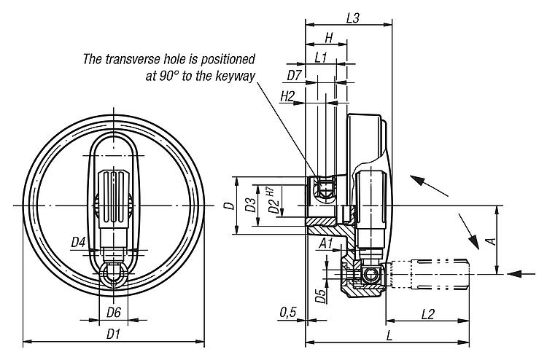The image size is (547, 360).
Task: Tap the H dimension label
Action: point(328,38)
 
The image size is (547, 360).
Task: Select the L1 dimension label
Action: point(319,56)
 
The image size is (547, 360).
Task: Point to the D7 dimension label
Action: point(294,74)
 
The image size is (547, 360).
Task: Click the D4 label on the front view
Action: point(79,241)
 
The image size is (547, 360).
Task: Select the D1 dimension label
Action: point(113,334)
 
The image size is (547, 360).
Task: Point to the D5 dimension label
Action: point(319,295)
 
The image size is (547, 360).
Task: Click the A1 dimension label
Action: point(327,243)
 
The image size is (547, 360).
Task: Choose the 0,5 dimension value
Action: point(287,313)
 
